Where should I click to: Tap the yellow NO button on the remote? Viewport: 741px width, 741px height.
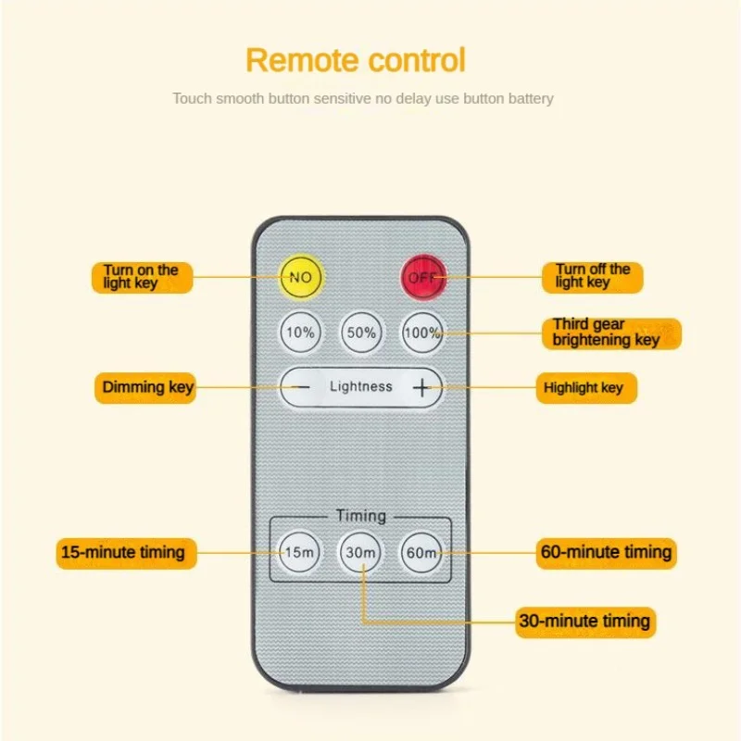point(300,276)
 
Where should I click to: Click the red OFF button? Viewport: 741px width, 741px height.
point(422,276)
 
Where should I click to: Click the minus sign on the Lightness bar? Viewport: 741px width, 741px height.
point(300,387)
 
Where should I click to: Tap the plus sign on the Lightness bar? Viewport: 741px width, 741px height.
point(422,387)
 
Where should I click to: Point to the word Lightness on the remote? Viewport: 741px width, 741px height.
point(361,387)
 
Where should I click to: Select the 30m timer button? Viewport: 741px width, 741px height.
point(360,553)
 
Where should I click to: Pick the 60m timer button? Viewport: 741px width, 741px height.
point(421,553)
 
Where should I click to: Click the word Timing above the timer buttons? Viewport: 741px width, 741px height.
point(361,516)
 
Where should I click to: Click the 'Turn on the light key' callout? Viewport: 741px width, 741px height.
point(141,277)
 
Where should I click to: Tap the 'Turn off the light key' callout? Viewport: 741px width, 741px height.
point(593,276)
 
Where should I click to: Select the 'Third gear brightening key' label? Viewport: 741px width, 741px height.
point(610,333)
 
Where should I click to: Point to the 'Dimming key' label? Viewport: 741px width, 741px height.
point(146,387)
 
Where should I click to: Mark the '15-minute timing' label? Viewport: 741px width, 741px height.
point(122,553)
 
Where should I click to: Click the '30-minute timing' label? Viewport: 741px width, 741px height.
point(585,621)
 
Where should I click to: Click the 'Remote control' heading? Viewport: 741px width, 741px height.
point(356,61)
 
